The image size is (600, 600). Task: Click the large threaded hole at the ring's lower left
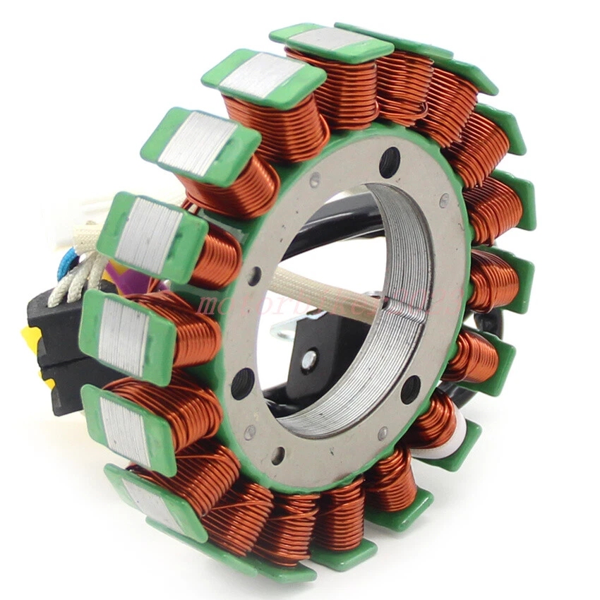pos(242,384)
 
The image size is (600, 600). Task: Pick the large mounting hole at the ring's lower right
pos(411,389)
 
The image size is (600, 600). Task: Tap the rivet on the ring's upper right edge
pos(444,200)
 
